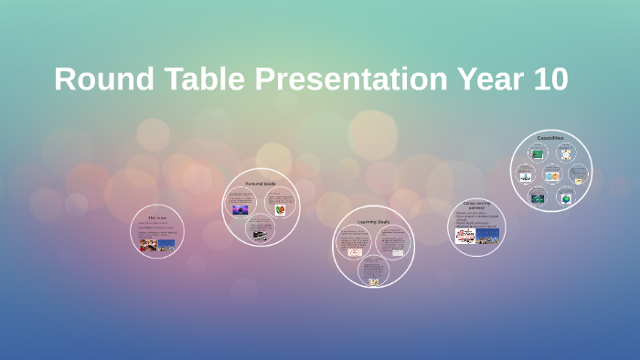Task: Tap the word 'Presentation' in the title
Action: (348, 79)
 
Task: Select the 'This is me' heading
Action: (157, 217)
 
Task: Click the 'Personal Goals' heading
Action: (261, 184)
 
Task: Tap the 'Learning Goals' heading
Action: (373, 221)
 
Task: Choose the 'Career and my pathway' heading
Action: (476, 206)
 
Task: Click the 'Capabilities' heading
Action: (550, 138)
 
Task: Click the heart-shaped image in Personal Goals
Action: (280, 209)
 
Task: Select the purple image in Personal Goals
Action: (240, 210)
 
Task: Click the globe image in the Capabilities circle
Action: (565, 198)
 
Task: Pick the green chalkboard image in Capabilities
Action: (538, 154)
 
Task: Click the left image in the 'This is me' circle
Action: (147, 244)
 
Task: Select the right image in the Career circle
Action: (486, 237)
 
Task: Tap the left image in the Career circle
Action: (464, 236)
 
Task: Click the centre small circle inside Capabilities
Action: (551, 175)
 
